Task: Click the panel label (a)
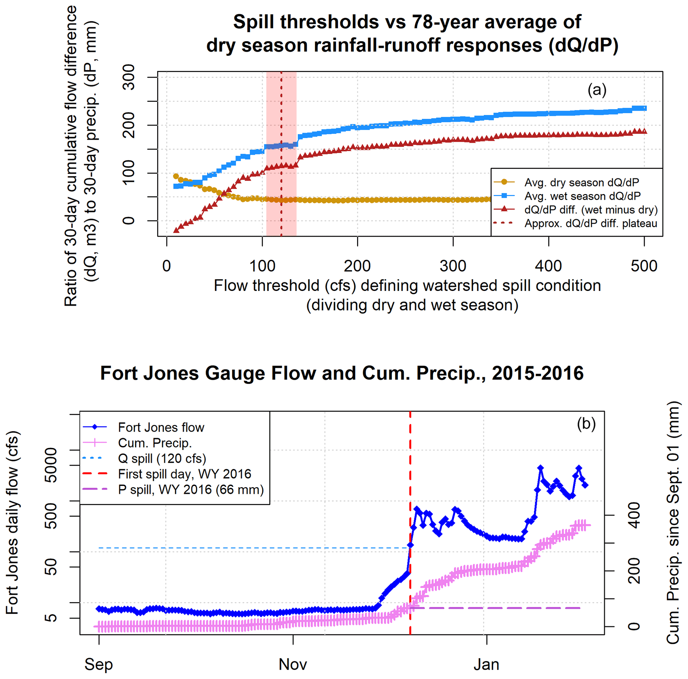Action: (597, 90)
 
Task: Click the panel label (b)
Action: (586, 424)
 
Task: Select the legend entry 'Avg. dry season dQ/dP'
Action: (581, 182)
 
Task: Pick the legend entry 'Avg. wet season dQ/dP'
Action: (582, 196)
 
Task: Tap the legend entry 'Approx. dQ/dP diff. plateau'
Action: (591, 223)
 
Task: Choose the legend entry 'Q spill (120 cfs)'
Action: (162, 459)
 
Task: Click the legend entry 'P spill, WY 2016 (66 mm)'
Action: (191, 490)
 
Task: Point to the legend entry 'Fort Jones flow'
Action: (161, 427)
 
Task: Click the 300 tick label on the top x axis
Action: (453, 266)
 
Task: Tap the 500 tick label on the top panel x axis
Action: (644, 266)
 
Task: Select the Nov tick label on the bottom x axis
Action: (293, 664)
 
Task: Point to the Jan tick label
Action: (486, 664)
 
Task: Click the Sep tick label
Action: (99, 664)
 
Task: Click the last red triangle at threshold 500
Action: (644, 131)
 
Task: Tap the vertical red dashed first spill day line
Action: (410, 463)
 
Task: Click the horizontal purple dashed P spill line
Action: (499, 608)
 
